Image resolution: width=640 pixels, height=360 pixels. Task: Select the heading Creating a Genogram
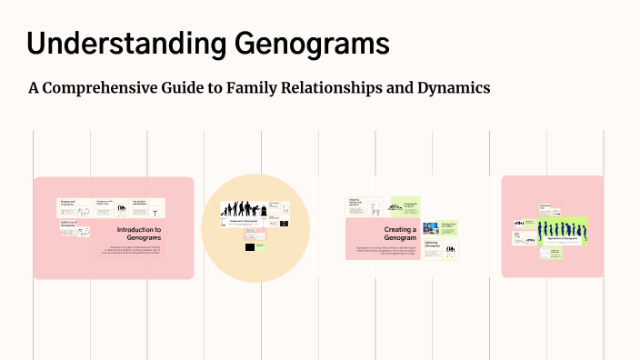(x=400, y=234)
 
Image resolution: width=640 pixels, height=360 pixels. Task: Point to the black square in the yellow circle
(x=249, y=246)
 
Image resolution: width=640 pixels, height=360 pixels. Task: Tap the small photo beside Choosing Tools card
(x=428, y=227)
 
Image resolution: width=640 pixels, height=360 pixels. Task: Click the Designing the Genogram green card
(x=405, y=207)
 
